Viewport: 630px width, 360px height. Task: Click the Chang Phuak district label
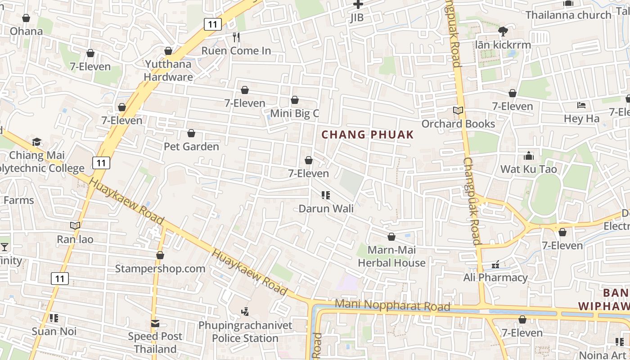[x=367, y=135]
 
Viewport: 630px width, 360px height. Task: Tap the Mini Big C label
[x=294, y=113]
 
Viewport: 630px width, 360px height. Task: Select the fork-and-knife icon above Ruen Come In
[x=236, y=37]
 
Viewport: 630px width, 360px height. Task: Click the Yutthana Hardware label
[x=168, y=70]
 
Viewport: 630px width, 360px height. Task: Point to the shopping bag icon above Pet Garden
[x=191, y=134]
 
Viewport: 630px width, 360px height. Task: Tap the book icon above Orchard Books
[x=458, y=111]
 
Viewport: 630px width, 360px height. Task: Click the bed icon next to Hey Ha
[x=581, y=106]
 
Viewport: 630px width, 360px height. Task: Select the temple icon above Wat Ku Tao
[x=529, y=156]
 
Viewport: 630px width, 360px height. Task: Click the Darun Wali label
[x=326, y=209]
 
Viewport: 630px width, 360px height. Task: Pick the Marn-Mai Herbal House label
[x=391, y=256]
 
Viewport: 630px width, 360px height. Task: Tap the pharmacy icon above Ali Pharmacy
[x=495, y=265]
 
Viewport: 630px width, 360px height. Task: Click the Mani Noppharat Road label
[x=392, y=306]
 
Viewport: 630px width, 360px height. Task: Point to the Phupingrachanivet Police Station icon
[x=245, y=311]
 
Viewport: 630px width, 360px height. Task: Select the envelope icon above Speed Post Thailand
[x=155, y=323]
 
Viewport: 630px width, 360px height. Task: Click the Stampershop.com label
[x=160, y=269]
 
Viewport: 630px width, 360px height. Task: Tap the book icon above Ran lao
[x=75, y=225]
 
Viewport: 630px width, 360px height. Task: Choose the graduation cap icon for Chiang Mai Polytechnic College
[x=37, y=142]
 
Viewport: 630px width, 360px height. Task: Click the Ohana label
[x=27, y=31]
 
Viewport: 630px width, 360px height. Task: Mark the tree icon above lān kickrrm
[x=503, y=31]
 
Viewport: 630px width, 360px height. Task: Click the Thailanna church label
[x=568, y=15]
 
